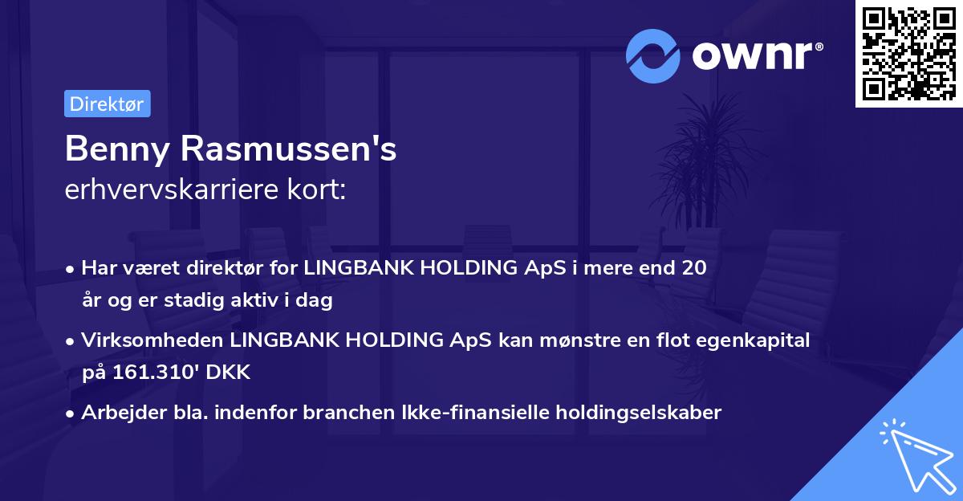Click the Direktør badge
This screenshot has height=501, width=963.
coord(107,104)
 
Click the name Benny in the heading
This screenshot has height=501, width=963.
coord(118,149)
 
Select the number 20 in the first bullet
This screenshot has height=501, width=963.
coord(695,268)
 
